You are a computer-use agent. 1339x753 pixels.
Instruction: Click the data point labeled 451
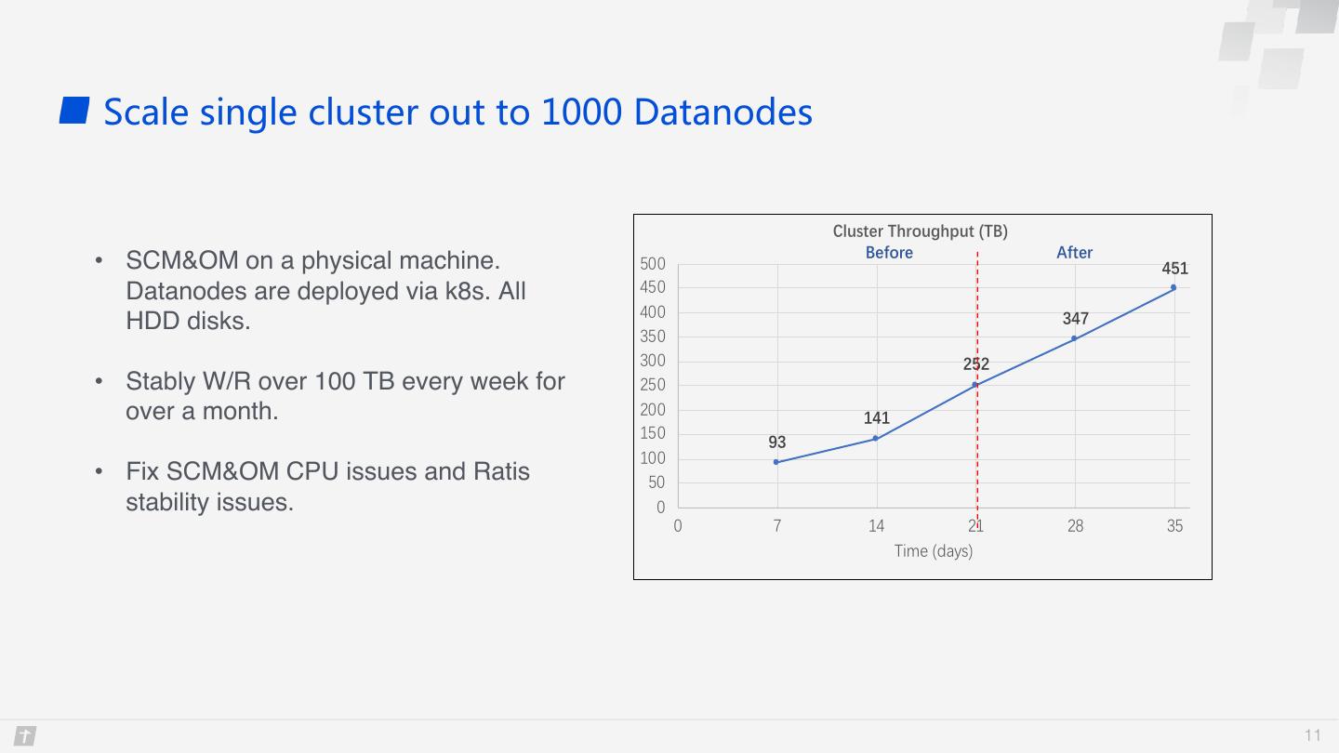(x=1173, y=287)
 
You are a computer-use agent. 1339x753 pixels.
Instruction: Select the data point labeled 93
(x=776, y=462)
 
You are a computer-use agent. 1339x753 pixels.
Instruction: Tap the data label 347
(x=1075, y=319)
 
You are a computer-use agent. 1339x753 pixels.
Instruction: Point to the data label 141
(x=876, y=417)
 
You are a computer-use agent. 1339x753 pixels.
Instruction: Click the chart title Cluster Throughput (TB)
(x=920, y=231)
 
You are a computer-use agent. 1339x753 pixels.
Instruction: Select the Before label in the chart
(x=889, y=253)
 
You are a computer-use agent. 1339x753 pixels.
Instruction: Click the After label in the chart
(x=1074, y=253)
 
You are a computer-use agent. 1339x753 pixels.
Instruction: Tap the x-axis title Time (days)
(x=934, y=550)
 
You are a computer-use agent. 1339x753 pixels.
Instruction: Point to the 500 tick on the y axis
(x=652, y=264)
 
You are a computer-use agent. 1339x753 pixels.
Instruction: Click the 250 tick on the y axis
(x=652, y=385)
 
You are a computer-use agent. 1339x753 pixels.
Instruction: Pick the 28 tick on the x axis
(x=1075, y=526)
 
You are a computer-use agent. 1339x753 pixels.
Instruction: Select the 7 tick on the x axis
(x=777, y=526)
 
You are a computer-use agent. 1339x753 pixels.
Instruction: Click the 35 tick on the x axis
(x=1174, y=526)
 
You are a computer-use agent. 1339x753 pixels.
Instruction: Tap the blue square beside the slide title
(x=74, y=111)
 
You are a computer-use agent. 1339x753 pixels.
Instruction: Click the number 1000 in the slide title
(x=581, y=112)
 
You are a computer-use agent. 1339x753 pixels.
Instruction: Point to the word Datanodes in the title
(x=723, y=112)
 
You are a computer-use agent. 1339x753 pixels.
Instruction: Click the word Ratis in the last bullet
(x=501, y=471)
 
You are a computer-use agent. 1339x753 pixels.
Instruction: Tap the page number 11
(x=1312, y=735)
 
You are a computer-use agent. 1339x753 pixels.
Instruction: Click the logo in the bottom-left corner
(x=25, y=735)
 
